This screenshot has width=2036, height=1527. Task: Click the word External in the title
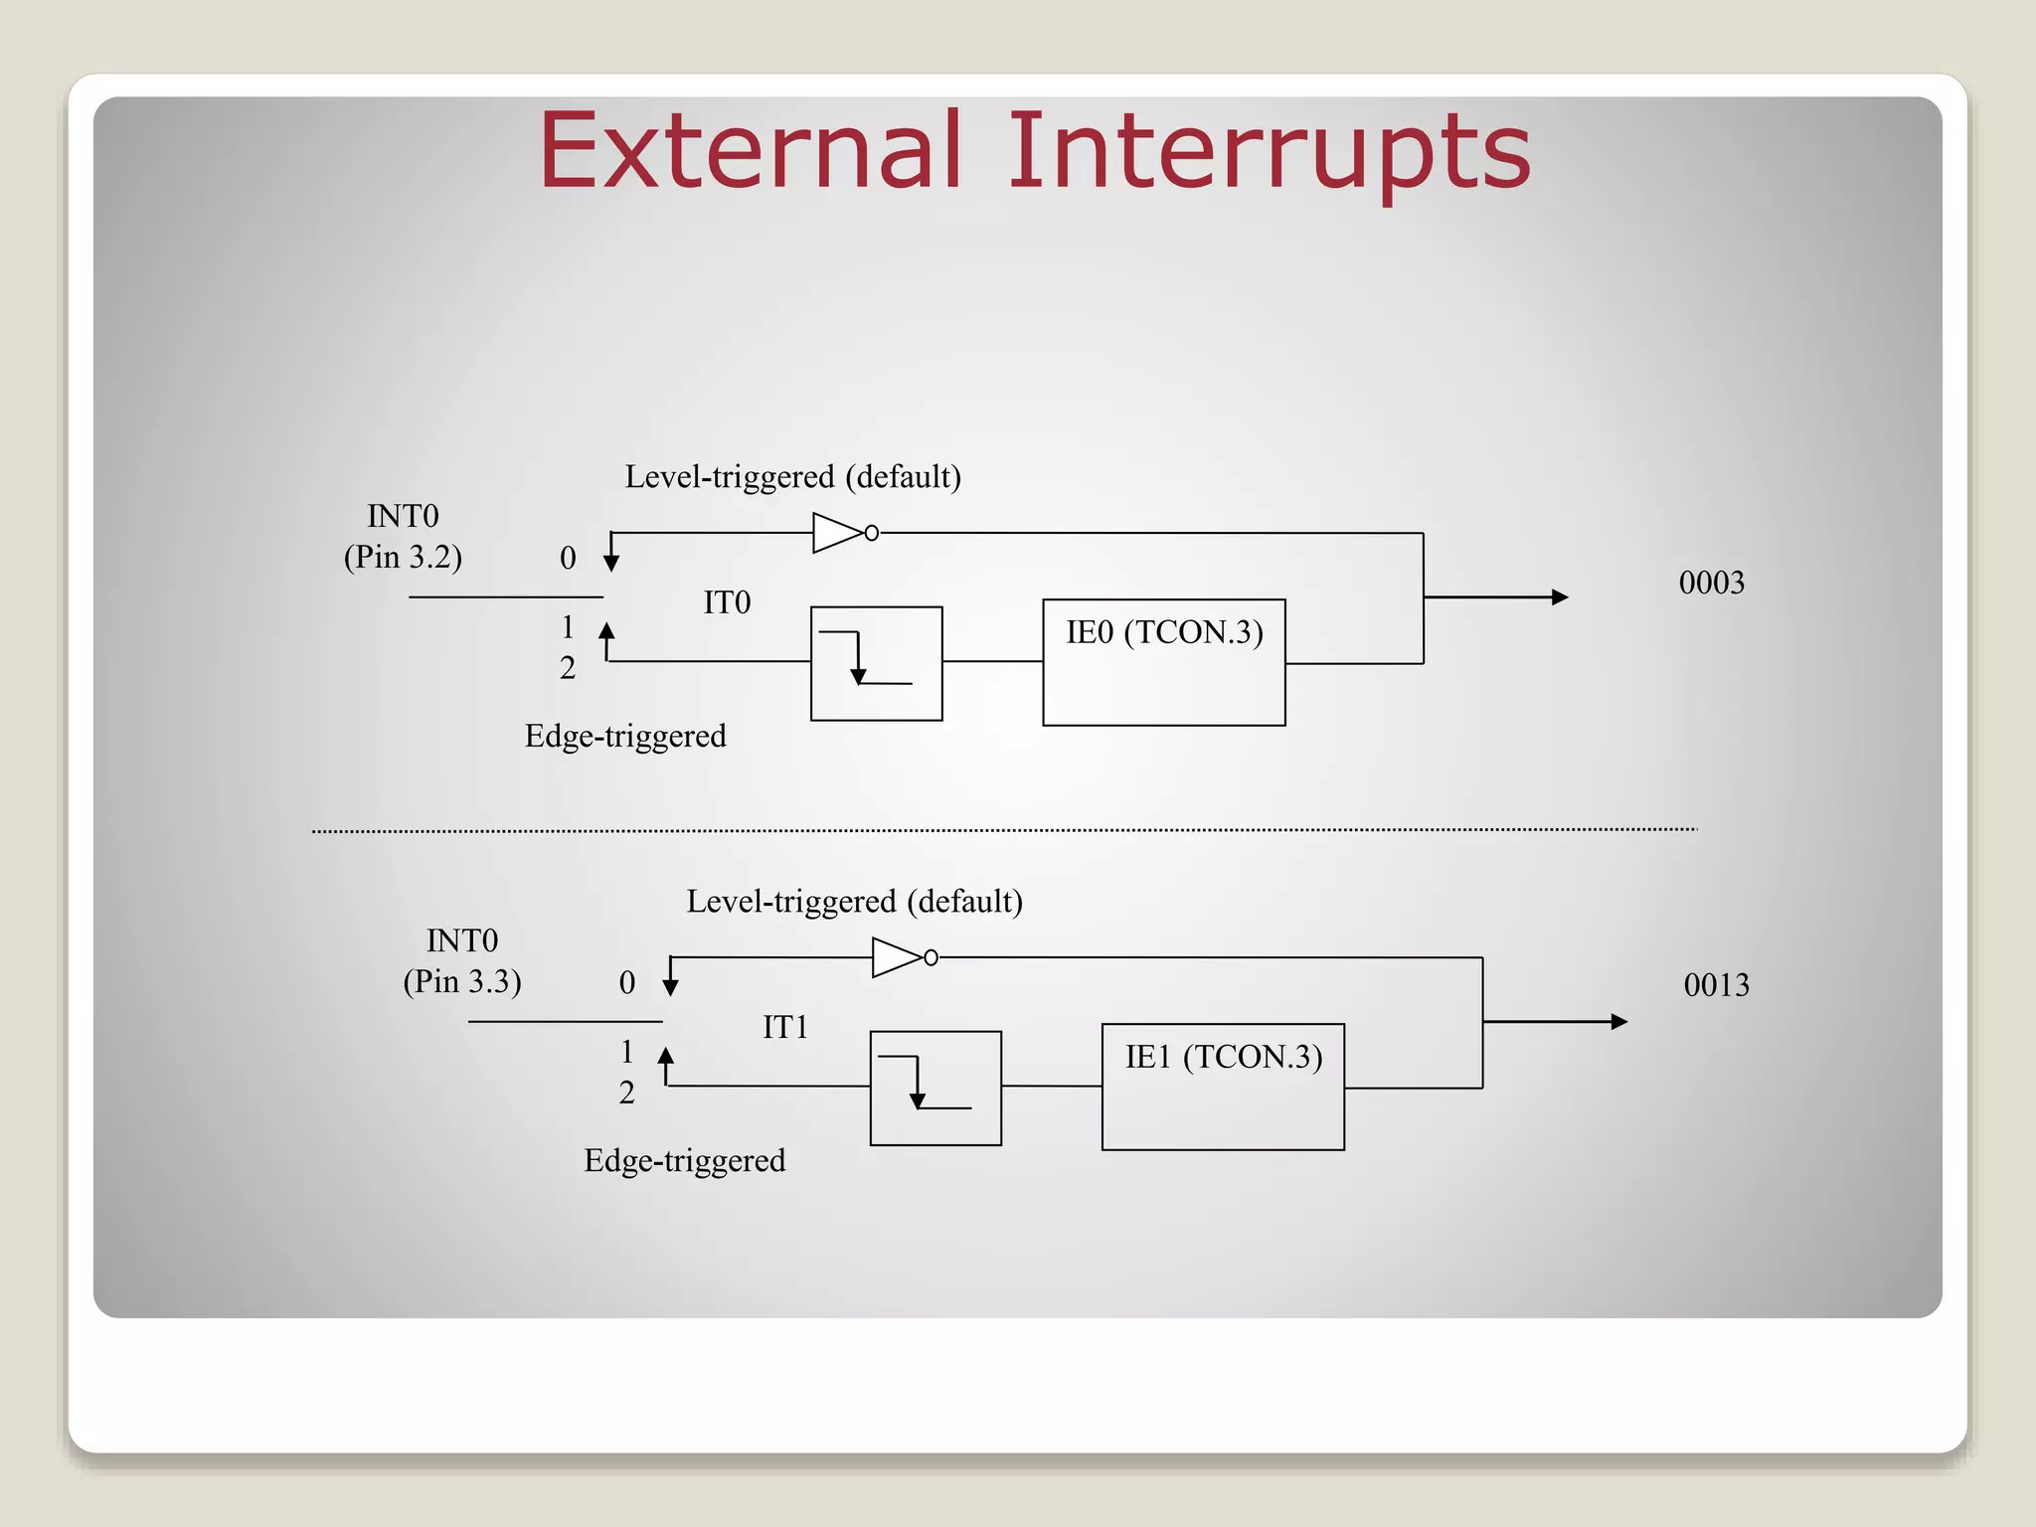[x=751, y=151]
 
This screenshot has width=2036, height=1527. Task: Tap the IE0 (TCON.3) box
[x=1163, y=662]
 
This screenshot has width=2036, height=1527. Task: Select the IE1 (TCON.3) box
[x=1223, y=1087]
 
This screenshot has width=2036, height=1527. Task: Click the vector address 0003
[x=1711, y=583]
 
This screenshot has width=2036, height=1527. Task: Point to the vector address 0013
[x=1716, y=985]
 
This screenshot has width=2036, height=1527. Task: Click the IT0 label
[x=727, y=602]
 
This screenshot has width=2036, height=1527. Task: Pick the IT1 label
[x=785, y=1027]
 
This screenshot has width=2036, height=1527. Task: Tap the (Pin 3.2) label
[x=403, y=557]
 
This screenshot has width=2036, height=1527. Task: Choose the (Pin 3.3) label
[x=462, y=981]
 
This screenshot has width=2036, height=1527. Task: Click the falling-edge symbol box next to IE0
[x=876, y=663]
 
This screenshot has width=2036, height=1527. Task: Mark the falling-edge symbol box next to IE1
[x=935, y=1088]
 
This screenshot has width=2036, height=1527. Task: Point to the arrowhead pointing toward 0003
[x=1560, y=597]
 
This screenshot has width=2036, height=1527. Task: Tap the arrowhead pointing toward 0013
[x=1618, y=1022]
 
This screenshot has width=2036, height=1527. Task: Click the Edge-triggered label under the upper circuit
[x=625, y=736]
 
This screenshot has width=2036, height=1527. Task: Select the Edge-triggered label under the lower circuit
[x=684, y=1160]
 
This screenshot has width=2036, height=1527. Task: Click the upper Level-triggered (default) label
[x=792, y=477]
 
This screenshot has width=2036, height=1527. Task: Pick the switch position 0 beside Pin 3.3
[x=626, y=982]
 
